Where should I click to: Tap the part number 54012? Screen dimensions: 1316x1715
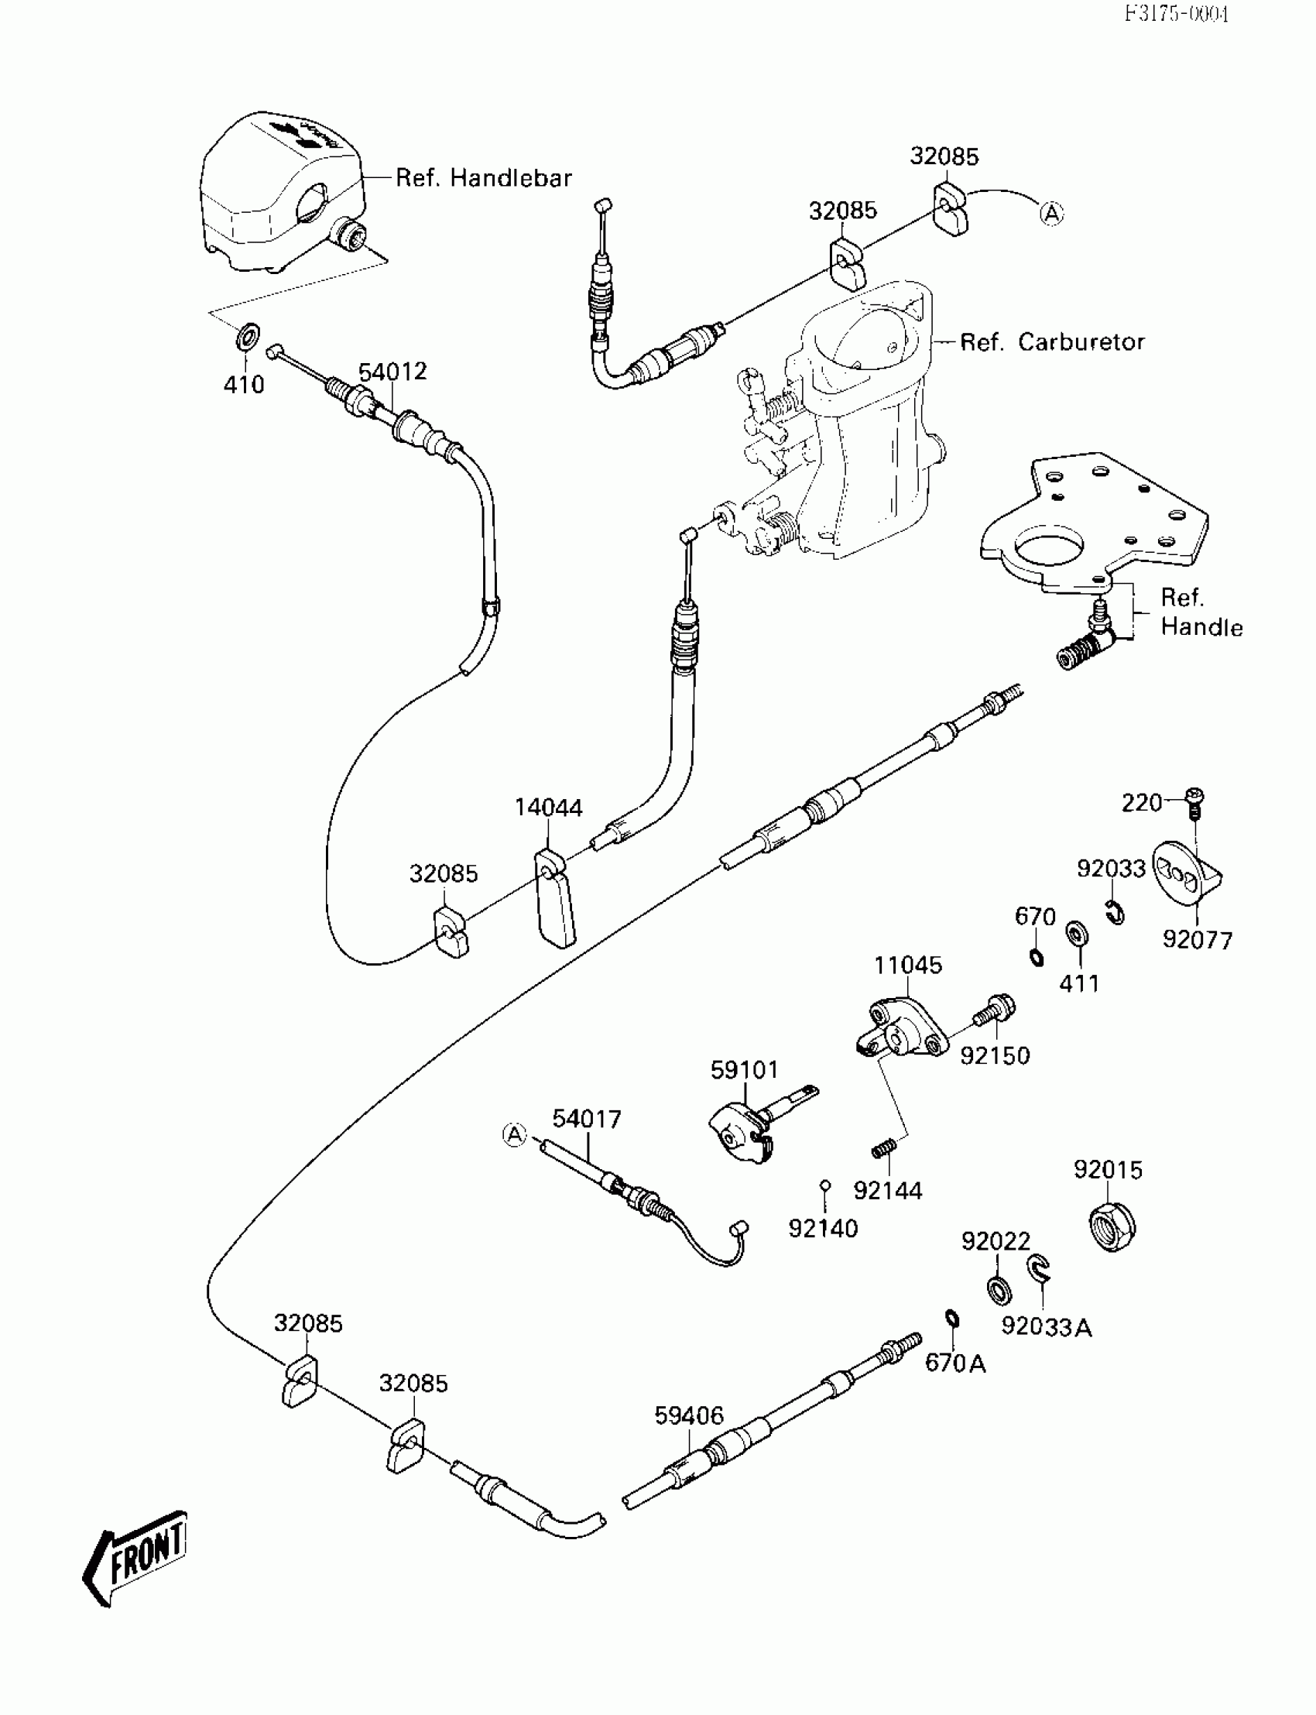[392, 372]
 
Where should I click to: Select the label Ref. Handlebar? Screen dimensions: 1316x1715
[483, 178]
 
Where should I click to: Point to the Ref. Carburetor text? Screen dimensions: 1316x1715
[1052, 341]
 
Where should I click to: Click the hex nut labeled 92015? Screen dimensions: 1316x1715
[1113, 1228]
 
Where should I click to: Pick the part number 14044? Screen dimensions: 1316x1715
[548, 808]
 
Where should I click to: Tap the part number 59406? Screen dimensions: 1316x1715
[689, 1415]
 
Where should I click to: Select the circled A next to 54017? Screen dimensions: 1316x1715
[514, 1134]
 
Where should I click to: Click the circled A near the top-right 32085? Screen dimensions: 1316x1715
[1052, 212]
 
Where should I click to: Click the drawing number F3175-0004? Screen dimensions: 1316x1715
[1177, 13]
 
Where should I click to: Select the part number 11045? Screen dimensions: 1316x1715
[908, 966]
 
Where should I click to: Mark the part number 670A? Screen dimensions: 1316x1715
[955, 1363]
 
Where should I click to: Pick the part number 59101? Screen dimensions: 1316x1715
[745, 1069]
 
